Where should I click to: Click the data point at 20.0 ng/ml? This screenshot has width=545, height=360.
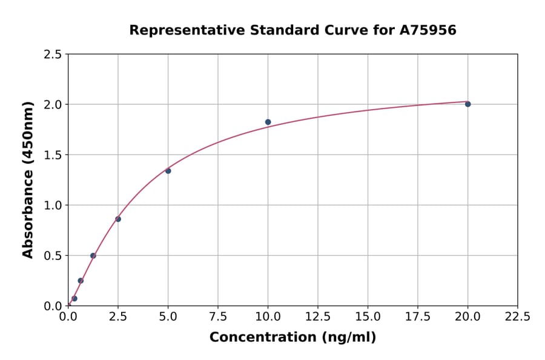point(467,104)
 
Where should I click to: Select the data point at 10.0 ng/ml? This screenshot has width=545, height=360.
point(268,122)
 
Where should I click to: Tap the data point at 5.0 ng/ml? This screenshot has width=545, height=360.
point(168,171)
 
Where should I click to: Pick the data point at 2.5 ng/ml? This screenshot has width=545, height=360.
point(118,219)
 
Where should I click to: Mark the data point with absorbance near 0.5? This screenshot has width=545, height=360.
point(93,256)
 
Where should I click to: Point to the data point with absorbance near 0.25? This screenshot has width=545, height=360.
point(81,281)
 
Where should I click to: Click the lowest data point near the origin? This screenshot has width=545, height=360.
point(74,298)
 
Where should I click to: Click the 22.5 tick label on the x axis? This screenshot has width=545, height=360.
point(517,317)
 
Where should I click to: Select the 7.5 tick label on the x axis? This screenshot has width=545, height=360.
point(218,317)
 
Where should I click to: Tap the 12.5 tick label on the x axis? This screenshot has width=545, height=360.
point(318,317)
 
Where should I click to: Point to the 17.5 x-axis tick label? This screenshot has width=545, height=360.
point(417,317)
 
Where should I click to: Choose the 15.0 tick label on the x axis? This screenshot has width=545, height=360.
point(368,317)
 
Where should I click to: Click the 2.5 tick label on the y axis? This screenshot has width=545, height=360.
point(53,55)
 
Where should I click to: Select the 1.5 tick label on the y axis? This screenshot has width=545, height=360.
point(53,155)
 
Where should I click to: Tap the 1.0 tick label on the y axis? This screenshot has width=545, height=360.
point(53,205)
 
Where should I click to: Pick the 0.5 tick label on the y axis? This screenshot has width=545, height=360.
point(53,256)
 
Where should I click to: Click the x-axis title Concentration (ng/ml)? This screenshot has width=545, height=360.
point(292,338)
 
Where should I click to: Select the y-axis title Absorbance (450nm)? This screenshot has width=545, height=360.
point(28,180)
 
